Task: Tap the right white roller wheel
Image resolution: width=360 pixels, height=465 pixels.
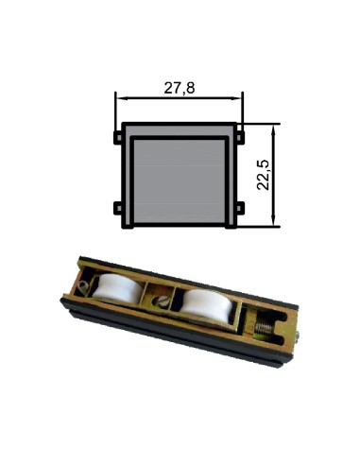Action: coord(203,308)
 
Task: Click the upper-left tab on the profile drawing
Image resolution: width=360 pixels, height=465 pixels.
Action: coord(118,137)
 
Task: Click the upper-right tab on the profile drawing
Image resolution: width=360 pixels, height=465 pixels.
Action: coord(240,137)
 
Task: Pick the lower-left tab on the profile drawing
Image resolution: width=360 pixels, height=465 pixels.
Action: coord(118,207)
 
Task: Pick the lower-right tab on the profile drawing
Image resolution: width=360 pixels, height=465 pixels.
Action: coord(240,207)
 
